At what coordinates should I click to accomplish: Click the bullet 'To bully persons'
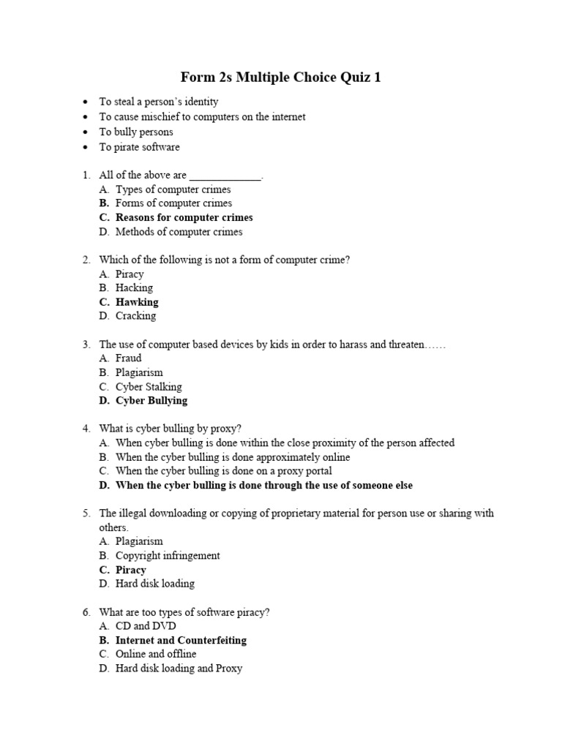136,132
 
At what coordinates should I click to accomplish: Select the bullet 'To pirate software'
139,147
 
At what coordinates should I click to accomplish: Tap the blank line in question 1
225,176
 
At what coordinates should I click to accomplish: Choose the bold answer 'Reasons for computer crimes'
184,217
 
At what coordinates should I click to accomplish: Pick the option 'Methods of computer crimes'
179,232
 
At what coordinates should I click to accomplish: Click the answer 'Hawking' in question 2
137,302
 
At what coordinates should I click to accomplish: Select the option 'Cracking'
135,316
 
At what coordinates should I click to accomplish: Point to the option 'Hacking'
134,287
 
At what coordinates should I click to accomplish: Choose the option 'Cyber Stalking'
149,386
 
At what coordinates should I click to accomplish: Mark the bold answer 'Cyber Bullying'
151,400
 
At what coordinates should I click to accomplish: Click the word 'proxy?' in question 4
226,428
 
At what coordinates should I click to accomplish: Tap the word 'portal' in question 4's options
316,471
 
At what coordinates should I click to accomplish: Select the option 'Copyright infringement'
168,555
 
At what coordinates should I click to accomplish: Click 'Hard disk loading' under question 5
154,584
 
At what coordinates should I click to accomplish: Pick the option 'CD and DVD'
146,626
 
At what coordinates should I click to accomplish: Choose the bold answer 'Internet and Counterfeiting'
181,640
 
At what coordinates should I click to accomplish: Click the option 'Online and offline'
156,654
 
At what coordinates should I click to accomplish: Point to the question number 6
86,612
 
